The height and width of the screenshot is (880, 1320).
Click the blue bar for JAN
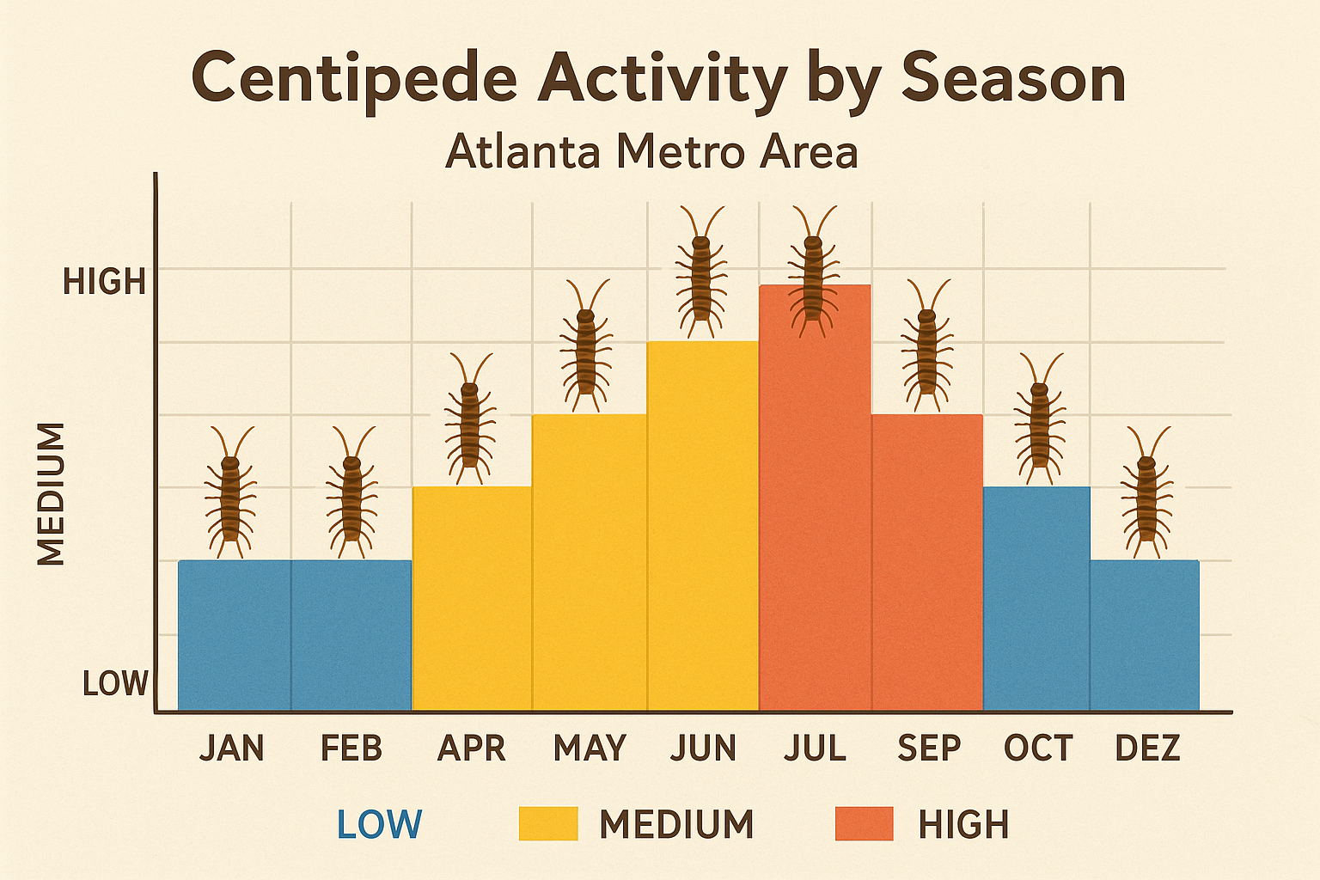(x=234, y=635)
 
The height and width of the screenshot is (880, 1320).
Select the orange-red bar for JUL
(x=815, y=516)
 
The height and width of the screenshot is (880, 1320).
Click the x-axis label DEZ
(x=1147, y=748)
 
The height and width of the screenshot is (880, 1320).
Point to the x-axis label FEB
(x=351, y=748)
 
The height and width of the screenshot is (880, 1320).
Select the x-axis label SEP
(x=928, y=748)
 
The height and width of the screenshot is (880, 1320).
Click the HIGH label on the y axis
(x=105, y=282)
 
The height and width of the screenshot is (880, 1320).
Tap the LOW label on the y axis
(x=115, y=684)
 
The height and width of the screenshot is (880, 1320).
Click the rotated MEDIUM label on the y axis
(x=52, y=494)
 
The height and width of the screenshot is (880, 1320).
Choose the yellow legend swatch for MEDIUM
(x=548, y=824)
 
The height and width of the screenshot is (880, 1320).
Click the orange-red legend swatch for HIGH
(x=864, y=824)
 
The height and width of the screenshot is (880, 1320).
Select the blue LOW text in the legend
(x=379, y=824)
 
